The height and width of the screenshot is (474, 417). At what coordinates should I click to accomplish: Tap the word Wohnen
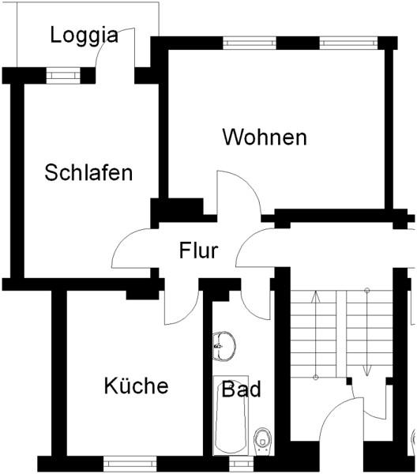(265, 137)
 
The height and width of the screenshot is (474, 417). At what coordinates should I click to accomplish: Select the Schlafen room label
(88, 172)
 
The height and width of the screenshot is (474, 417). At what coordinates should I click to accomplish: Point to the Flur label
(198, 250)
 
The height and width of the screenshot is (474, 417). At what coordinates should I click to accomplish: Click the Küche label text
(137, 386)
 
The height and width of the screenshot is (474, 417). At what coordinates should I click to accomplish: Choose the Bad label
(241, 389)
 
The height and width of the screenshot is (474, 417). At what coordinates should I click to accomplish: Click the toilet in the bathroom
(263, 441)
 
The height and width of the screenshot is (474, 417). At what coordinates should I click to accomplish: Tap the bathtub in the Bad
(231, 416)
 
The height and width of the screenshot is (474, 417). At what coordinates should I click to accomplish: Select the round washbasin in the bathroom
(223, 347)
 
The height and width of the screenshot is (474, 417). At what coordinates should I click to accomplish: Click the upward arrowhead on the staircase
(316, 296)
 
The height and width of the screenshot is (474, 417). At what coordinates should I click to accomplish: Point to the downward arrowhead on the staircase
(367, 371)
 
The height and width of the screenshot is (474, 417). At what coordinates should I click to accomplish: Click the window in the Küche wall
(130, 464)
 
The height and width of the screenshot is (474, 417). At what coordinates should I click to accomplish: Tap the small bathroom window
(241, 464)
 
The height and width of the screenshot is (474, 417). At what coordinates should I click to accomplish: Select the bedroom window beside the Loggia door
(63, 75)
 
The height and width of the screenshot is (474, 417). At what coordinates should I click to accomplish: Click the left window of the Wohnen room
(250, 43)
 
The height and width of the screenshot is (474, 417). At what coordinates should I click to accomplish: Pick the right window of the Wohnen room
(348, 43)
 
